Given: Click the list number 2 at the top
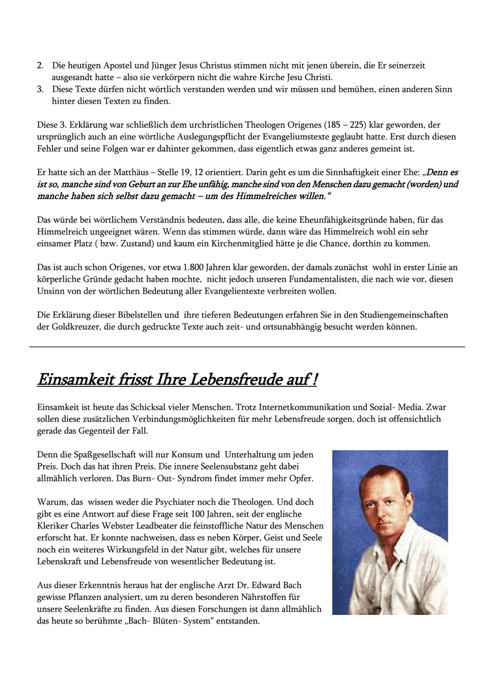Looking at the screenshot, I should pyautogui.click(x=39, y=66).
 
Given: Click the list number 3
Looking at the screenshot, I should pyautogui.click(x=39, y=89).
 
